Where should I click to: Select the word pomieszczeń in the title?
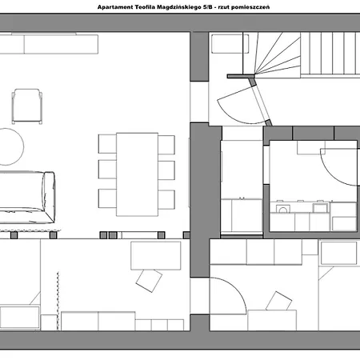[x=250, y=7]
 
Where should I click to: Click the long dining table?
[x=137, y=174]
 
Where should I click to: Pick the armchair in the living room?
[x=27, y=106]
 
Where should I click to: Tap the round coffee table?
[x=10, y=146]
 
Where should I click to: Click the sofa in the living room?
[x=26, y=198]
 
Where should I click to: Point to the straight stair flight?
[x=330, y=54]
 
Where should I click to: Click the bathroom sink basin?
[x=283, y=209]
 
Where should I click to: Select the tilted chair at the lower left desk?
[x=149, y=281]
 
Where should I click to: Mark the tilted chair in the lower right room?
[x=278, y=302]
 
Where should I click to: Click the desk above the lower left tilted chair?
[x=156, y=255]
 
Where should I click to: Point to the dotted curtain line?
[x=58, y=301]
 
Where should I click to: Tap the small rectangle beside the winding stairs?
[x=230, y=43]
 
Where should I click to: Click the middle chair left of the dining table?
[x=107, y=170]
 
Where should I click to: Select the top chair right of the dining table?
[x=166, y=145]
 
